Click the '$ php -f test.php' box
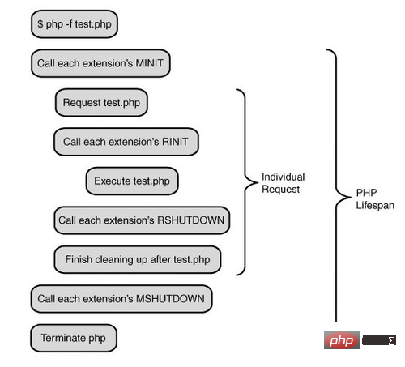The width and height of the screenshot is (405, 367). tap(75, 24)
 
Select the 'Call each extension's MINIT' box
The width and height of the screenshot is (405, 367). tap(100, 63)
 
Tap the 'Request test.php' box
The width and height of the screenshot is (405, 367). tap(101, 103)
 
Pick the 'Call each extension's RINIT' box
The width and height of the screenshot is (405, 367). tap(126, 142)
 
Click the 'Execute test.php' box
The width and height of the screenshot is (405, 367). tap(132, 181)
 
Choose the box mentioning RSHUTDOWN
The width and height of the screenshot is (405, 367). tap(142, 220)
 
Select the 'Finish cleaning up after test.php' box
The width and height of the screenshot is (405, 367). tap(138, 259)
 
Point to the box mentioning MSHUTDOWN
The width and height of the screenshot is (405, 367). tap(122, 299)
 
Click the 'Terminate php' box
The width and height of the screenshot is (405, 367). tap(74, 338)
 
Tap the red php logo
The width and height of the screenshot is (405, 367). tap(342, 340)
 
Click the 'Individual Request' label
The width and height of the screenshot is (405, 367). tap(283, 183)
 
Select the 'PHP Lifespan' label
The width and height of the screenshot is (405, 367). tap(375, 199)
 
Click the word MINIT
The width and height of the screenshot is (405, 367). tap(149, 63)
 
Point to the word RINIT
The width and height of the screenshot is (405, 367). tap(175, 142)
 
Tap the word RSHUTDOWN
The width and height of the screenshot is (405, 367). tap(190, 220)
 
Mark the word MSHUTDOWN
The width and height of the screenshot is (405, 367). tap(170, 299)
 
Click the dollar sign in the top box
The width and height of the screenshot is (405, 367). tap(40, 24)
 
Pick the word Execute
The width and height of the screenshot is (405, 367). tap(112, 181)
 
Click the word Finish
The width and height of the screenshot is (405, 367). tap(79, 259)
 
